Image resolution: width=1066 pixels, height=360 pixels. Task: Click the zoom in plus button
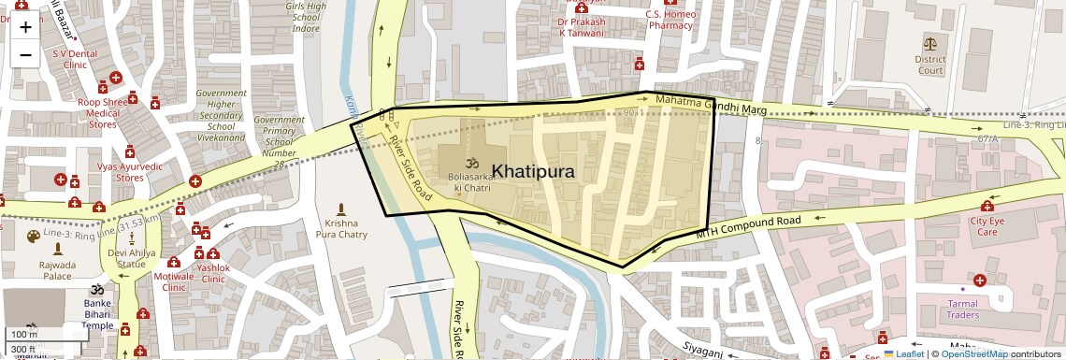tap(25, 27)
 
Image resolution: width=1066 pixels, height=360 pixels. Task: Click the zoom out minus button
tap(25, 54)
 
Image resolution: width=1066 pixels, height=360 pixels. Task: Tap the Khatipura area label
tap(532, 171)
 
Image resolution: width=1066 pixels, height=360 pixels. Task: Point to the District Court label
tap(929, 64)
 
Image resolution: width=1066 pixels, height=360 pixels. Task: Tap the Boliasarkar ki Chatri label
tap(471, 181)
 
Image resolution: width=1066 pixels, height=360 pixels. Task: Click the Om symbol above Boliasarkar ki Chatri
tap(471, 162)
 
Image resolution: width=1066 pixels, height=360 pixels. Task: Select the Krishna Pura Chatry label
tap(340, 229)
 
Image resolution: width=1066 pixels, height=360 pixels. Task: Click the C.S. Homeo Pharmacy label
tap(670, 20)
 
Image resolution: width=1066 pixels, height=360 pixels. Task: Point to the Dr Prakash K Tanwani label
tap(582, 27)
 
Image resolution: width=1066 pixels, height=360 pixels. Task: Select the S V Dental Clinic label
tap(75, 60)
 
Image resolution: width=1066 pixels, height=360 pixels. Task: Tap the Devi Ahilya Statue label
tap(131, 259)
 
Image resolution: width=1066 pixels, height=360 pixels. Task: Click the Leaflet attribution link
tap(904, 353)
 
